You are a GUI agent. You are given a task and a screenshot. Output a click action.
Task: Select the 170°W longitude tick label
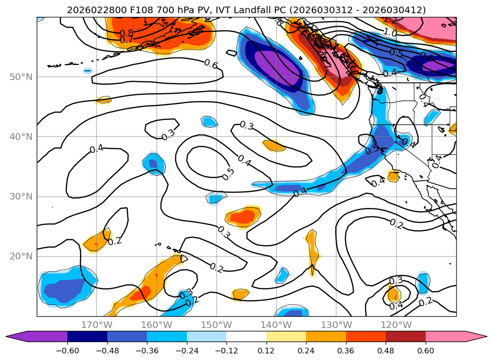click(97, 325)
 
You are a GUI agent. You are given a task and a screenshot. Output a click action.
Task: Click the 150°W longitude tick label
click(217, 325)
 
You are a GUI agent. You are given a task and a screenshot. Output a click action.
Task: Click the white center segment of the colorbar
click(246, 336)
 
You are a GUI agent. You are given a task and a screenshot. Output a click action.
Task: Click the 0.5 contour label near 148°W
click(228, 174)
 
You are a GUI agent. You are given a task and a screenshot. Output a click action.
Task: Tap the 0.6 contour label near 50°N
click(210, 64)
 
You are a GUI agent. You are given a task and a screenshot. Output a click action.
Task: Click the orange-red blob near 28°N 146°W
click(243, 216)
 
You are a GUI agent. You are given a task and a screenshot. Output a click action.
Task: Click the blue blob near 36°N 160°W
click(154, 164)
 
